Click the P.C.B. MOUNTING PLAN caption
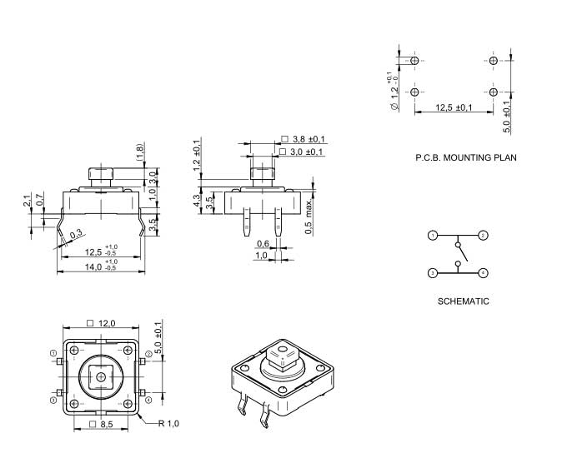click(464, 157)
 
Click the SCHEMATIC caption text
click(464, 301)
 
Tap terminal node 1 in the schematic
click(433, 236)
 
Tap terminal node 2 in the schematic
click(484, 236)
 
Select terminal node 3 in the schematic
click(433, 272)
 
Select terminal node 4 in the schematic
click(484, 272)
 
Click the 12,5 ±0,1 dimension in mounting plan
click(454, 107)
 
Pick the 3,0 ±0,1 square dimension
click(307, 152)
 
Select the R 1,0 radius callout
click(169, 424)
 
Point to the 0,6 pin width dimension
click(263, 243)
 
